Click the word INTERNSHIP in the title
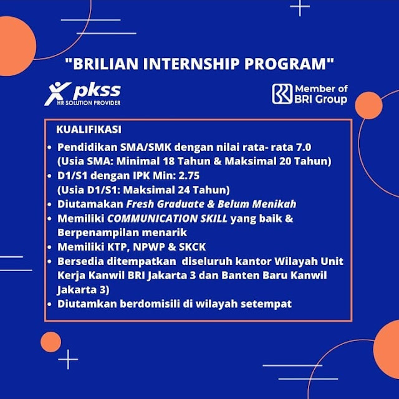coord(191,64)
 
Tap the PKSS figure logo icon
coord(57,94)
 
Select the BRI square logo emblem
coord(282,94)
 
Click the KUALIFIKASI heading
coord(89,129)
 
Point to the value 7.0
coord(304,147)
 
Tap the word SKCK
coord(192,247)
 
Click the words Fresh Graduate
coord(165,204)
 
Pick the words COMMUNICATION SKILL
coord(167,218)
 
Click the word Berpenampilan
coord(98,233)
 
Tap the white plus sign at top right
coord(300,7)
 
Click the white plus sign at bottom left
coord(68,359)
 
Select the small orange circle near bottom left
coord(51,342)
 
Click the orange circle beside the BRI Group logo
coord(368,105)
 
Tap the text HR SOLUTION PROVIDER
coord(89,103)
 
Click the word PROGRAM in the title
coord(286,64)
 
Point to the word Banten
coord(238,276)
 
